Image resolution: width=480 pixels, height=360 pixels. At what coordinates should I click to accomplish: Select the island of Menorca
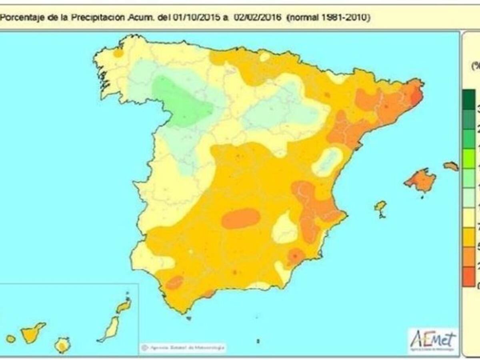451,166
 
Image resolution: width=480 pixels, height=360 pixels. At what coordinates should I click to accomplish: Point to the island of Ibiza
380,207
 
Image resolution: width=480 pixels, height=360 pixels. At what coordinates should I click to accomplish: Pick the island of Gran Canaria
62,345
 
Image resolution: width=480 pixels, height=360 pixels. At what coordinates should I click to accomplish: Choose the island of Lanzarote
124,306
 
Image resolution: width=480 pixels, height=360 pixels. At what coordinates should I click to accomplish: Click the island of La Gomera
11,339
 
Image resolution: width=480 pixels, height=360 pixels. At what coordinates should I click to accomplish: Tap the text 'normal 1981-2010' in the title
328,17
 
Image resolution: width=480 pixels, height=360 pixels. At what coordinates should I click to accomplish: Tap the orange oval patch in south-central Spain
240,218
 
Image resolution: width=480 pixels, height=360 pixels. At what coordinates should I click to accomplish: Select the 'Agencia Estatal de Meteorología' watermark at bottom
183,347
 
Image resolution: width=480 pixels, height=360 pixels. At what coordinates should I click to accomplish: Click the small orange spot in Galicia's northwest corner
118,53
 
